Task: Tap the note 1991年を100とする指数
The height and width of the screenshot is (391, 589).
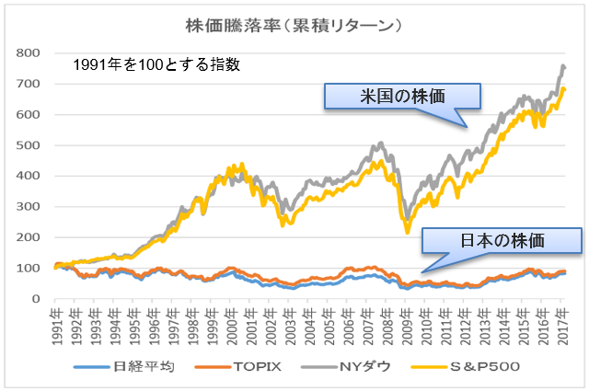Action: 157,66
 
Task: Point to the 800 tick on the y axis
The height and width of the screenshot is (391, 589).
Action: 33,52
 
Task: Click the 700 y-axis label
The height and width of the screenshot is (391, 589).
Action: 33,84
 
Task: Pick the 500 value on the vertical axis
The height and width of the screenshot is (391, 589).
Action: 33,145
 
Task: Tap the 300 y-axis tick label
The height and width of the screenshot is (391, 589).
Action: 33,207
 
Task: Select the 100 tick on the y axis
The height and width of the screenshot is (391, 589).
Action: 33,269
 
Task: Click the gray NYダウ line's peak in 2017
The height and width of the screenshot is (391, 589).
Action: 563,66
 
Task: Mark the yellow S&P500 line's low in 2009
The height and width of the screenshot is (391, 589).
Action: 408,233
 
